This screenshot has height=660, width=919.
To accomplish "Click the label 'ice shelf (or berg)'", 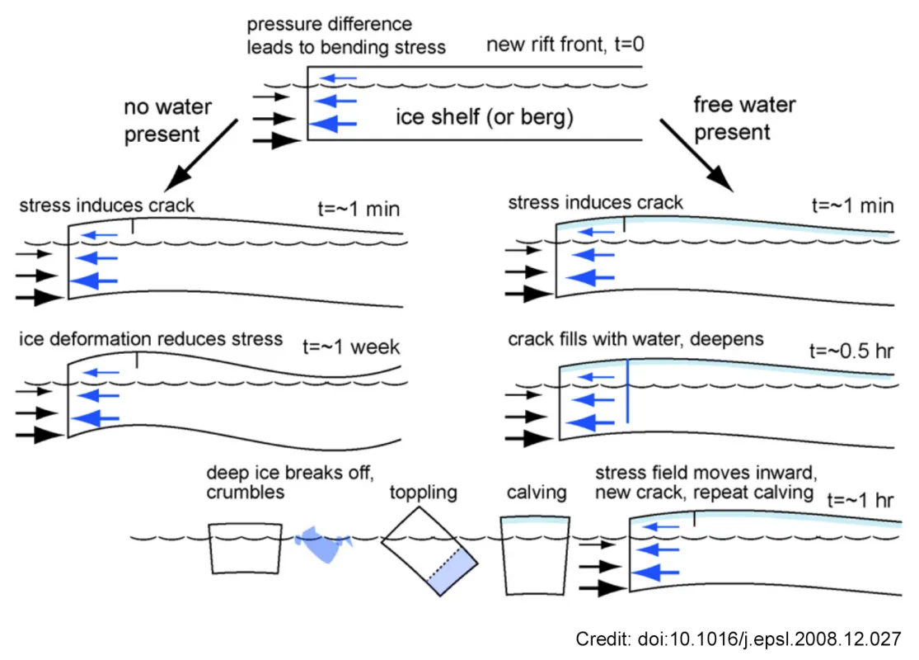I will (484, 117).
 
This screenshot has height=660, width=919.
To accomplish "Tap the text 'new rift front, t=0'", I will (565, 45).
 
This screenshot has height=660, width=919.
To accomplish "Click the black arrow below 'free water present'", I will (696, 153).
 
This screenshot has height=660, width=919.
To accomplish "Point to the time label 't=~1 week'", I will (351, 346).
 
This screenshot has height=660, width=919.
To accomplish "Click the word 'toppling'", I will (423, 493).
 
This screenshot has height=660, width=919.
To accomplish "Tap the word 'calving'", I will (537, 493).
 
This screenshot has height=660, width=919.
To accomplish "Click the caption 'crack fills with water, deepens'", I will (635, 339).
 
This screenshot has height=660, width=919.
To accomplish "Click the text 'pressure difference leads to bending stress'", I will (345, 35).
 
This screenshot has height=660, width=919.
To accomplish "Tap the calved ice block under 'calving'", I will (537, 557).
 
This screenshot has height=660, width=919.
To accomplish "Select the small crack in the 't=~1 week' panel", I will (137, 360).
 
